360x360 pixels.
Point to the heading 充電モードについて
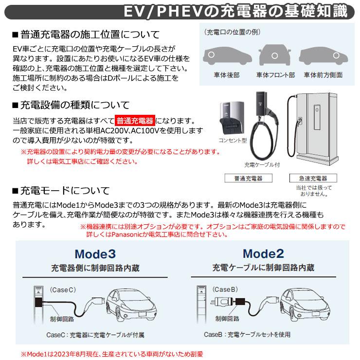tap(64, 190)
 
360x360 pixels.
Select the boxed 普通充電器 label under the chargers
tap(251, 179)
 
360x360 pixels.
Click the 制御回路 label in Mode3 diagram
tap(61, 319)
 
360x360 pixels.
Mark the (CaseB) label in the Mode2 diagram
tap(225, 288)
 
